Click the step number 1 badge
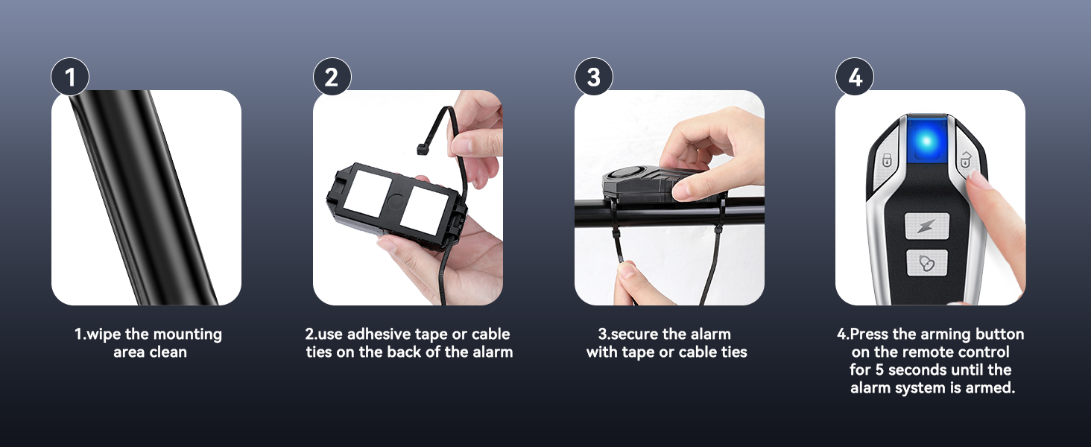click(x=70, y=77)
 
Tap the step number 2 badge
click(x=332, y=77)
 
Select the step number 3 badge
click(x=593, y=77)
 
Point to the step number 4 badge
click(x=855, y=77)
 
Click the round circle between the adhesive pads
click(x=393, y=200)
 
